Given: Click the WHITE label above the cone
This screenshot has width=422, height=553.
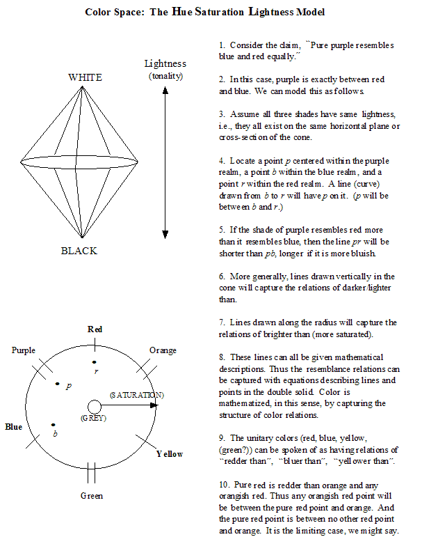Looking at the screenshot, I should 85,77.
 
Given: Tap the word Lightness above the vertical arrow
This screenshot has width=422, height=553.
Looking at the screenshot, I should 165,64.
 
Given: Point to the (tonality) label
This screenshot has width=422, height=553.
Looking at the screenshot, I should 165,76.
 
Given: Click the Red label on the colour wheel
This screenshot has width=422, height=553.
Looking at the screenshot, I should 95,329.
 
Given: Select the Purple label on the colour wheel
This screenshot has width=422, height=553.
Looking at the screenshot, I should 24,350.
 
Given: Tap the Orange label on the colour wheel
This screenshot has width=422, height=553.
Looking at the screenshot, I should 163,350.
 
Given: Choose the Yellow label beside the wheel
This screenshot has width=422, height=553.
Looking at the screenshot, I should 170,453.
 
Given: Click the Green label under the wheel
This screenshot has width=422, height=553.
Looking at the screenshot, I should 91,495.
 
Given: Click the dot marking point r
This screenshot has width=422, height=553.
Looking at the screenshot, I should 95,362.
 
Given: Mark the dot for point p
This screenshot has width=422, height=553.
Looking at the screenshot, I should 58,384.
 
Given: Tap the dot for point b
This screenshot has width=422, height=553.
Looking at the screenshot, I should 53,425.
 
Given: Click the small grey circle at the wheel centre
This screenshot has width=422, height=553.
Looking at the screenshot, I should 94,407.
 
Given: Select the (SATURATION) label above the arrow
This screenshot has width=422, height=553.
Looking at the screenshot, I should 136,395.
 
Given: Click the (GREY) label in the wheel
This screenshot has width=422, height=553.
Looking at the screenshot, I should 92,419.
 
